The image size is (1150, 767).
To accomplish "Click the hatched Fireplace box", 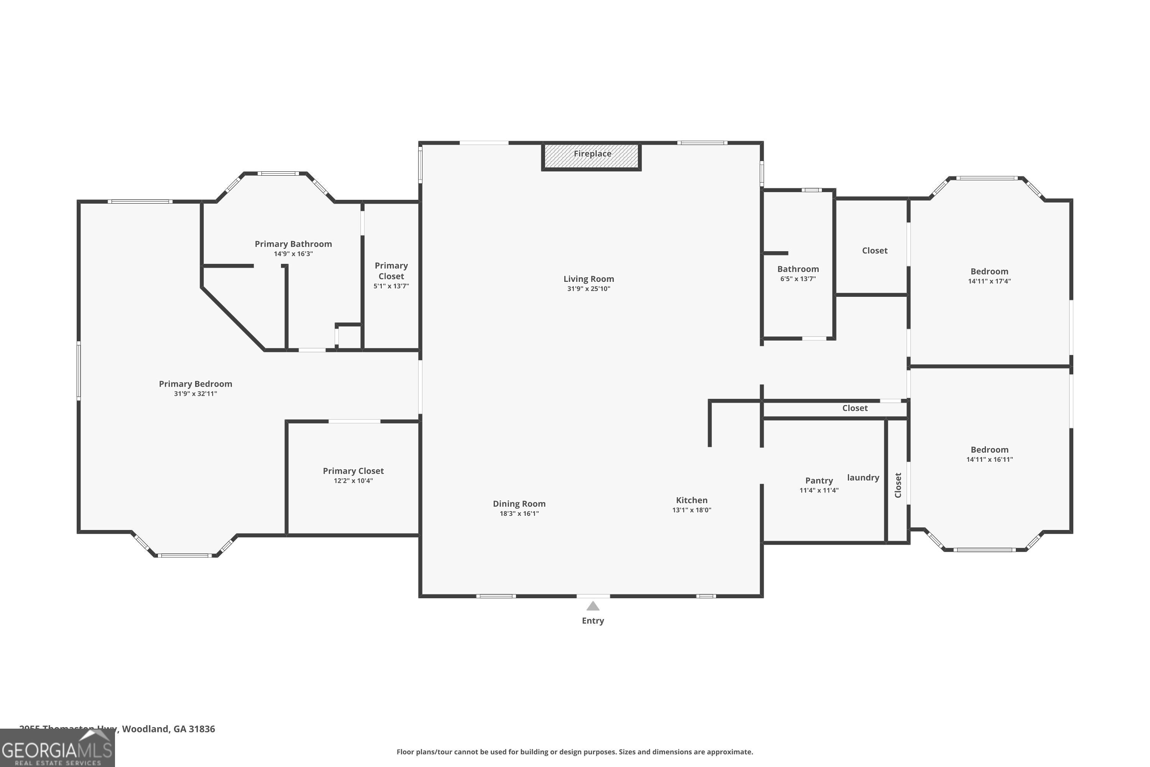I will pos(591,156).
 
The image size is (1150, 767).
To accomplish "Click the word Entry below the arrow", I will pos(593,621).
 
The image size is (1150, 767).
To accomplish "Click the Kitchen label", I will pos(692,500).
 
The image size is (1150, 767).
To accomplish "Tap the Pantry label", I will pos(818,481).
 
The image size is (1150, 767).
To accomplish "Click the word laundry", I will pos(863,477).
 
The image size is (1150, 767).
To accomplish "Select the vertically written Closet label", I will pos(898,485).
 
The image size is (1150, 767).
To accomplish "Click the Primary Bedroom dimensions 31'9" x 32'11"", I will pos(195,394).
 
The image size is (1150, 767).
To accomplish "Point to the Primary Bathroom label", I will pos(293,244).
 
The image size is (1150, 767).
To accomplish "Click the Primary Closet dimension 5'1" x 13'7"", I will pos(391,286).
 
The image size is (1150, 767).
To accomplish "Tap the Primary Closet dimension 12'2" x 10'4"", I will pos(353,481).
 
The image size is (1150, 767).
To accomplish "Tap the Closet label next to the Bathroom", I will pos(874,250).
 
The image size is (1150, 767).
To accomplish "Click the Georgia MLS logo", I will pos(57,749).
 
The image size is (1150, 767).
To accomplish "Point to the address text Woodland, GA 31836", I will pos(168,729).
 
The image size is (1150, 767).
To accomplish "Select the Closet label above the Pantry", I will pos(855,408).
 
